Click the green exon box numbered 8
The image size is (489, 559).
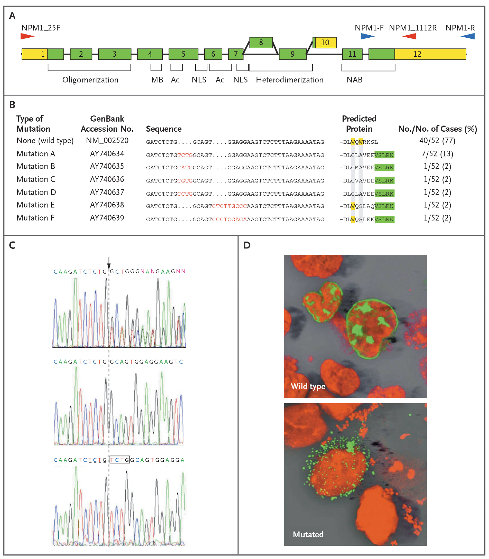261,43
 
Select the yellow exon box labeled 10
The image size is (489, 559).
325,43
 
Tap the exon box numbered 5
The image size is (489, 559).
183,54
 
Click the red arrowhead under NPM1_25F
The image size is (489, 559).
27,36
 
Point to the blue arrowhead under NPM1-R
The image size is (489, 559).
468,36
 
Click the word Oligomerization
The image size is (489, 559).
90,80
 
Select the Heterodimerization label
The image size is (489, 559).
289,80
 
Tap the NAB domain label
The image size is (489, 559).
354,80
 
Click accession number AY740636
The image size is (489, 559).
107,179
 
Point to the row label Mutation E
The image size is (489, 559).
36,205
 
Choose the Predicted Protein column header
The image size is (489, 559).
359,124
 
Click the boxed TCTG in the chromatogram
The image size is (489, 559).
120,460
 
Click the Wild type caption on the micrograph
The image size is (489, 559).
308,386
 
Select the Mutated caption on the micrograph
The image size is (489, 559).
308,534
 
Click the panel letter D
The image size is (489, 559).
247,245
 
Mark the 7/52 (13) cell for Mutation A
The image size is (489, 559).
437,154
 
